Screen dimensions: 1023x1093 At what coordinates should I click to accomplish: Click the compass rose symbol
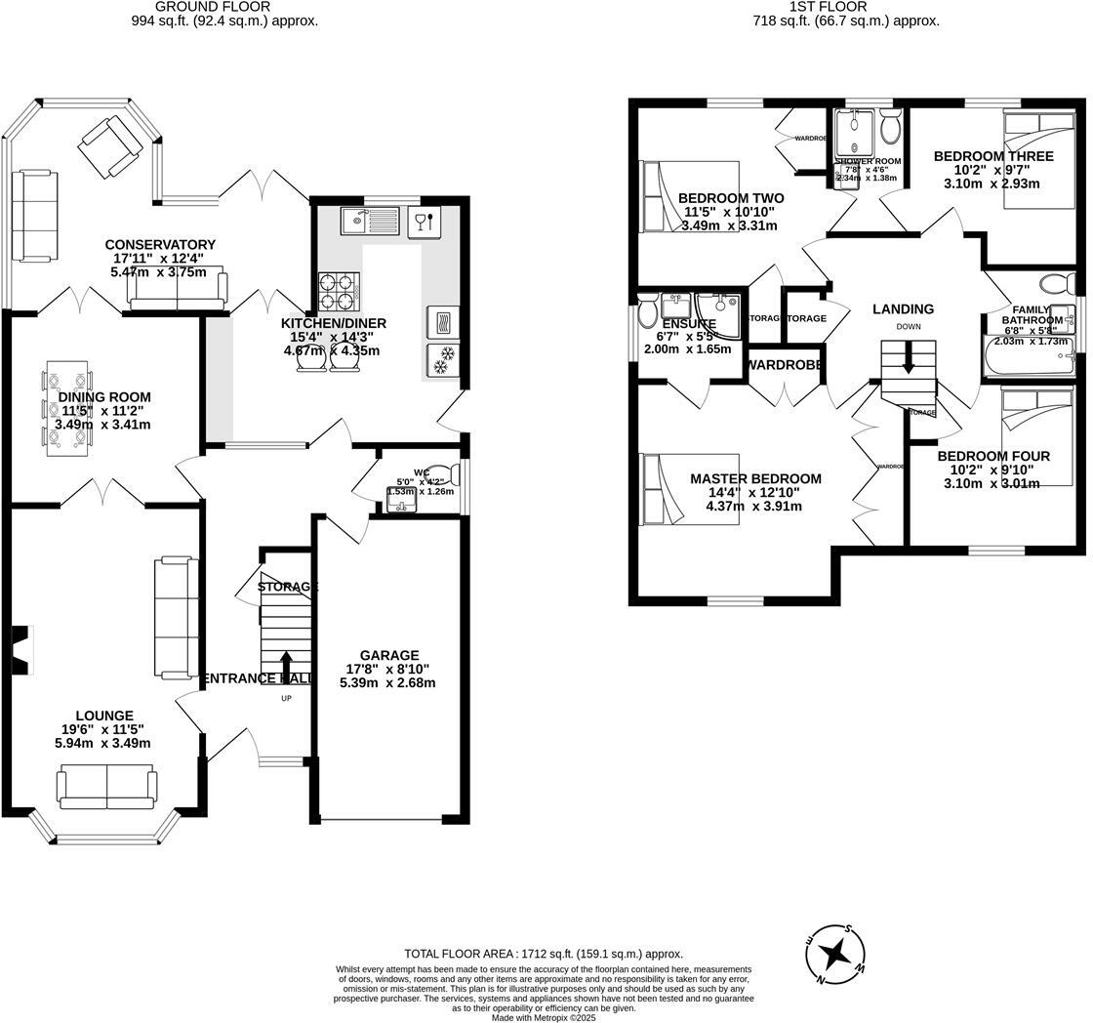pyautogui.click(x=835, y=953)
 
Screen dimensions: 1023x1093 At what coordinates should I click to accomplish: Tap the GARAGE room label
pyautogui.click(x=388, y=655)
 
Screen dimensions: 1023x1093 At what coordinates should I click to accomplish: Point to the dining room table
pyautogui.click(x=67, y=408)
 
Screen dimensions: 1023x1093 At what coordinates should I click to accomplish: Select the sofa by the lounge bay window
pyautogui.click(x=106, y=784)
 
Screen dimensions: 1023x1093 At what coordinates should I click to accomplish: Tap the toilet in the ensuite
pyautogui.click(x=648, y=313)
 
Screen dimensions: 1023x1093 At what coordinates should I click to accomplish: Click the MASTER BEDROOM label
pyautogui.click(x=755, y=478)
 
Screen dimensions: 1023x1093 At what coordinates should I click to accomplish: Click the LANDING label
pyautogui.click(x=903, y=308)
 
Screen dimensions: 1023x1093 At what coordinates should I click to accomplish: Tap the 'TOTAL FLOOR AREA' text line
pyautogui.click(x=544, y=954)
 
